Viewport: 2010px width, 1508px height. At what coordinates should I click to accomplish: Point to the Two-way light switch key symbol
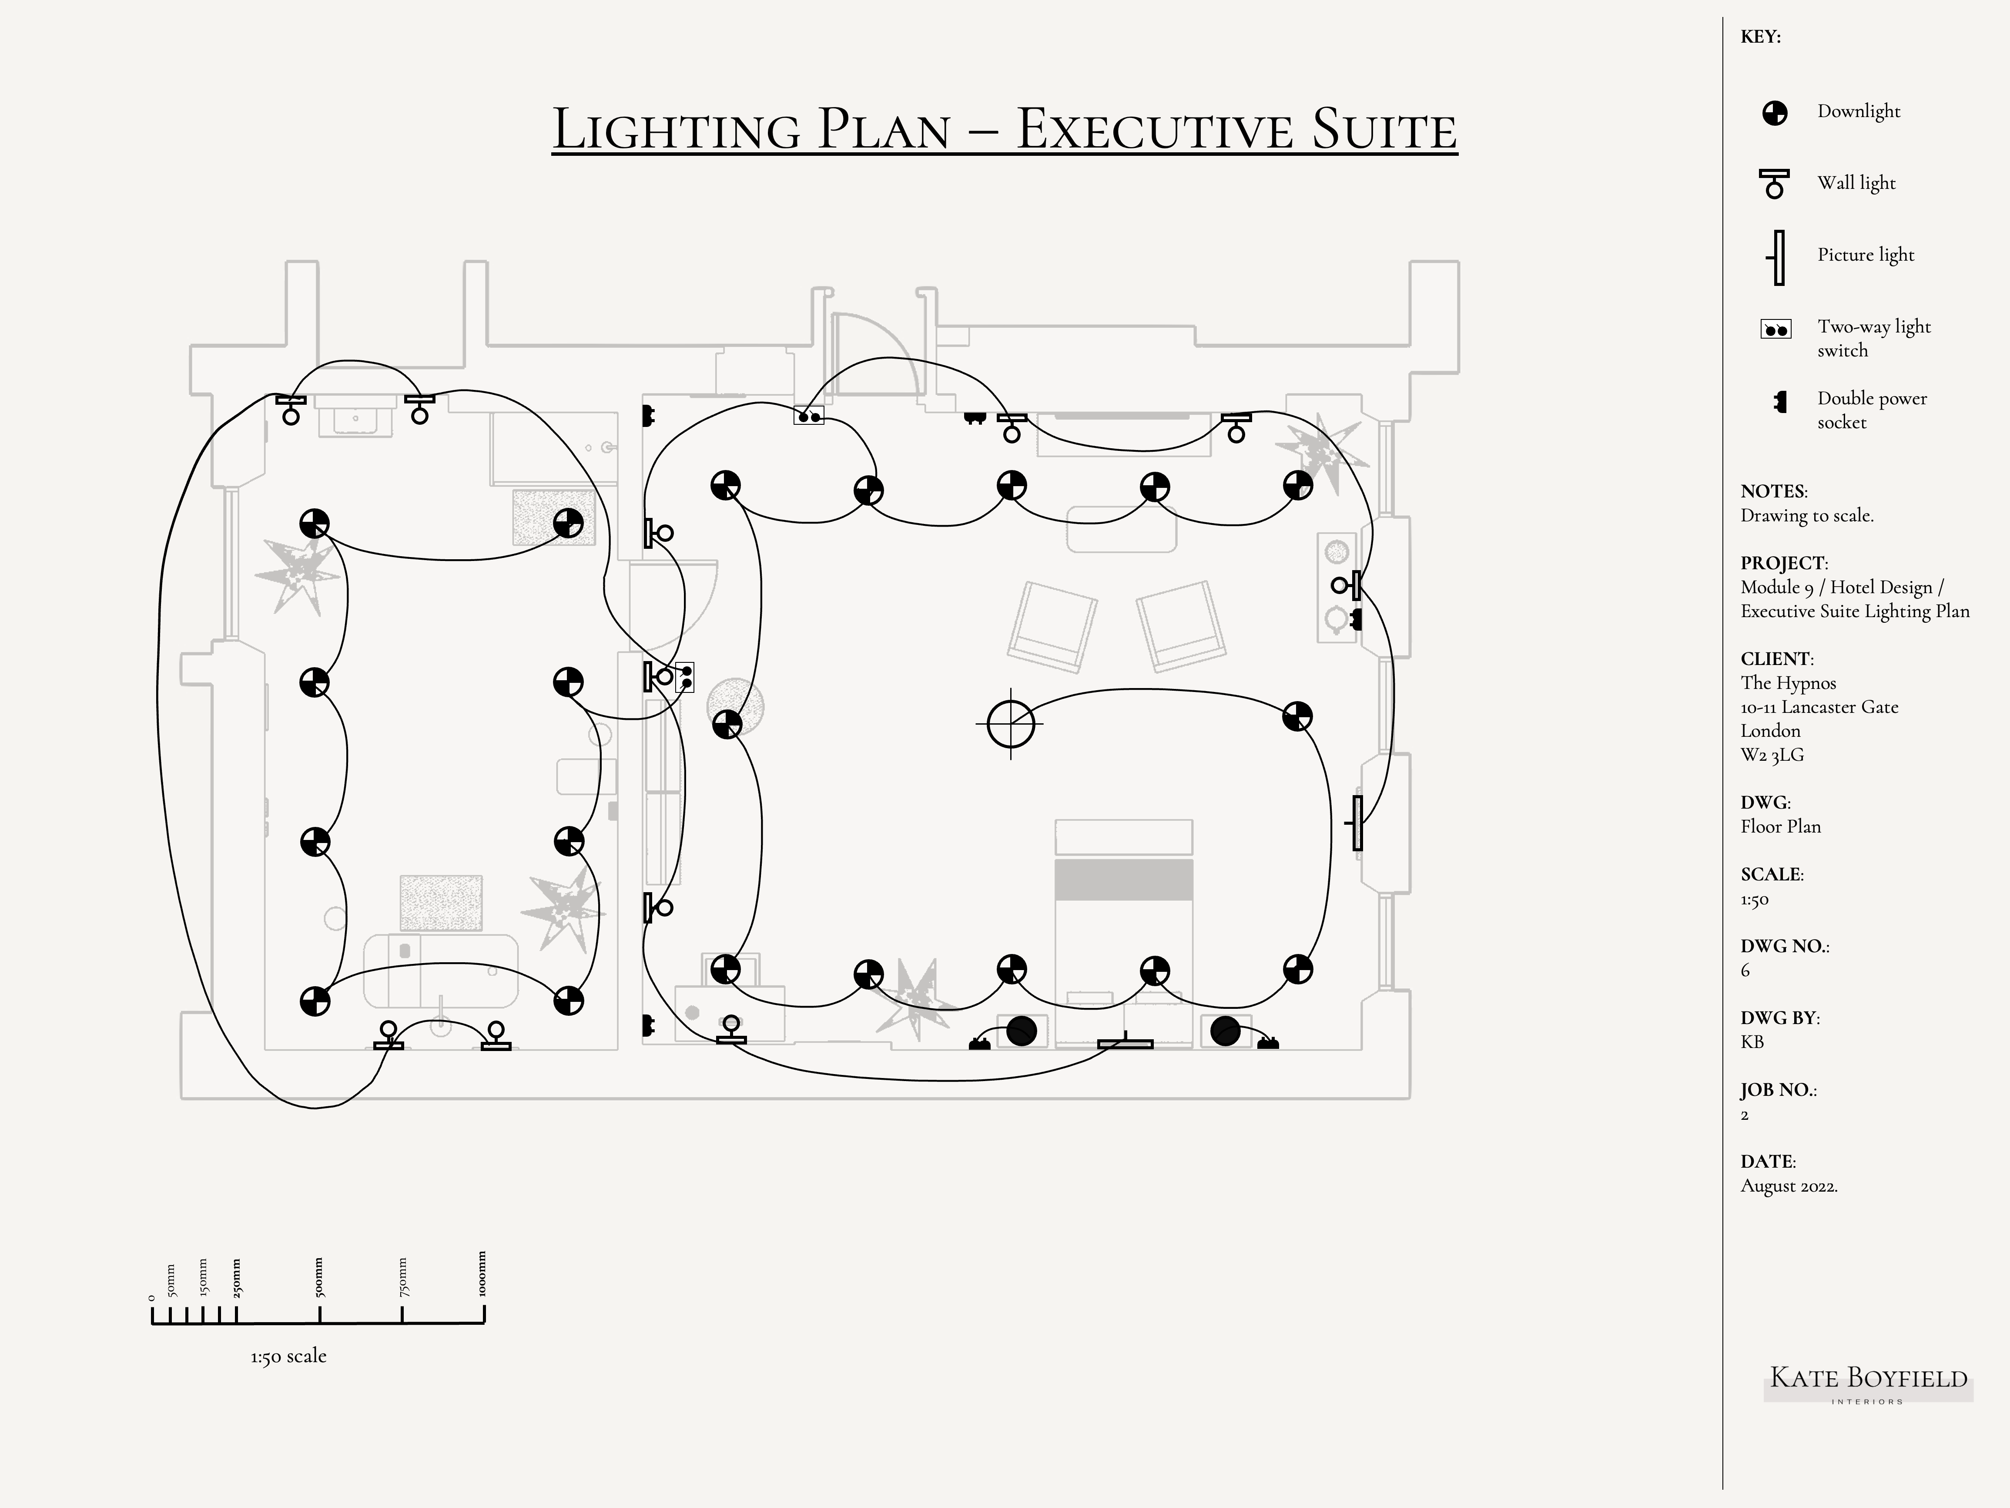coord(1775,329)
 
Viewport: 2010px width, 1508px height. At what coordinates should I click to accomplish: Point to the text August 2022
coord(1788,1186)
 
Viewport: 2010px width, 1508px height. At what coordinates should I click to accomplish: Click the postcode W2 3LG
coord(1772,756)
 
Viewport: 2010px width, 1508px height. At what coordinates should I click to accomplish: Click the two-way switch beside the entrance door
coord(809,416)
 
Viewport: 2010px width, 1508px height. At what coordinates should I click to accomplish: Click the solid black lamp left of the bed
coord(1022,1031)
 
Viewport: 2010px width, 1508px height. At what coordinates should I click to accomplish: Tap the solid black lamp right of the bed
coord(1225,1031)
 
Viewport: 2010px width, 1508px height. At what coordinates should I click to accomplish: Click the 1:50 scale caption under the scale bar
coord(288,1356)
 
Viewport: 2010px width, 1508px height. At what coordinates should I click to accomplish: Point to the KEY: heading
coord(1760,37)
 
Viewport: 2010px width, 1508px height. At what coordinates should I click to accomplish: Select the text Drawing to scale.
coord(1806,516)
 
